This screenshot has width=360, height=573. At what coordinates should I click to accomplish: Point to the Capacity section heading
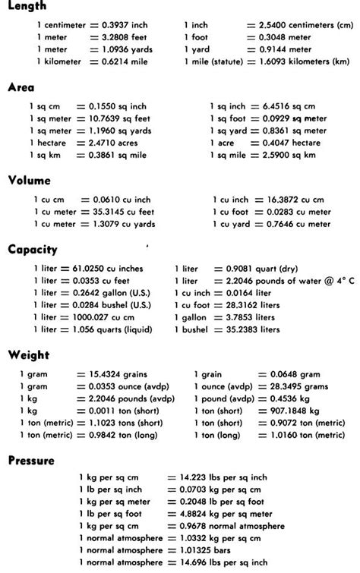tap(33, 250)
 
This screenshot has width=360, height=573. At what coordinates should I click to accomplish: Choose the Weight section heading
tap(28, 354)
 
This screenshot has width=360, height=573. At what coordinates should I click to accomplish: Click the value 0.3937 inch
tap(119, 25)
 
